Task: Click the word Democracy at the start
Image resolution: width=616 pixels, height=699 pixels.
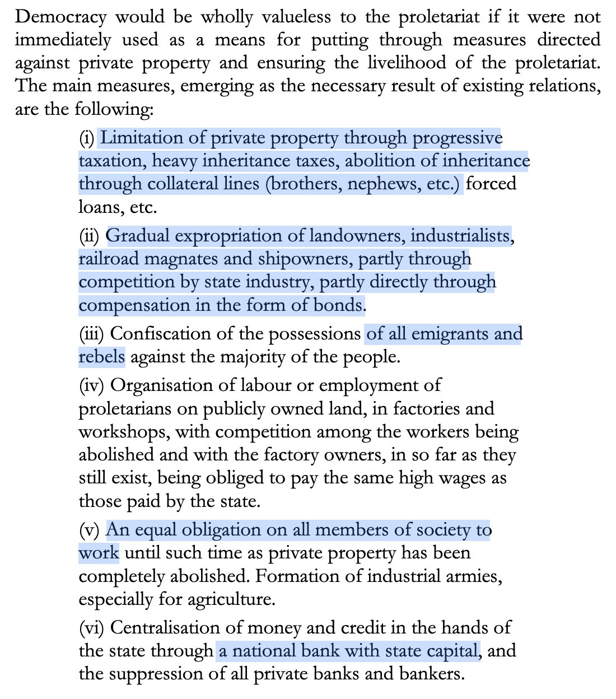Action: tap(60, 17)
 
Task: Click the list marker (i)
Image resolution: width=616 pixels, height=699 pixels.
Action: tap(87, 138)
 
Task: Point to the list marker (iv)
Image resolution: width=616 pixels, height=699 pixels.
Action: tap(92, 385)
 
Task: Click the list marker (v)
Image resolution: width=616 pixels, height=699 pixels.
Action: tap(89, 530)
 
